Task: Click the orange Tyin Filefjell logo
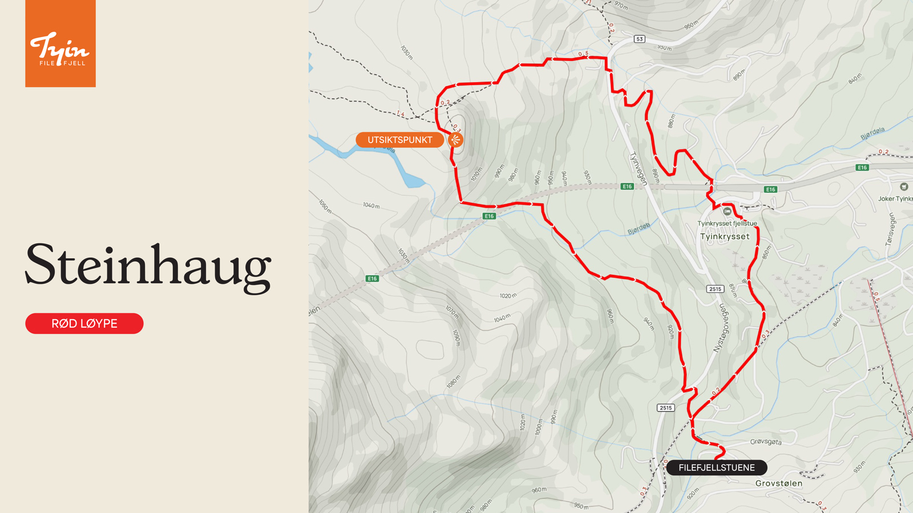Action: (x=60, y=44)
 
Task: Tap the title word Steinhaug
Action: (x=148, y=265)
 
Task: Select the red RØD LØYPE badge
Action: (x=84, y=324)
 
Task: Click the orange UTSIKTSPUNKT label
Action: (x=399, y=140)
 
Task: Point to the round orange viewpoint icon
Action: (x=455, y=140)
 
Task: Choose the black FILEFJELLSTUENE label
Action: (x=716, y=467)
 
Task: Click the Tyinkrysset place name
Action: (x=725, y=237)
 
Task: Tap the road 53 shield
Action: (x=639, y=39)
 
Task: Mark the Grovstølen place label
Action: (x=778, y=483)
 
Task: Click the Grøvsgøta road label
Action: (x=766, y=442)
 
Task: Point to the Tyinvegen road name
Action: (x=639, y=168)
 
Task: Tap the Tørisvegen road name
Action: (x=890, y=230)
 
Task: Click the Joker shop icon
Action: (x=904, y=187)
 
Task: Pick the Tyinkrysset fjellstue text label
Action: (x=727, y=223)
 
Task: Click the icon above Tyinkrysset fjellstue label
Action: (x=727, y=211)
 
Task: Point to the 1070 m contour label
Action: (x=452, y=311)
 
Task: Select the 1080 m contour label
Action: (x=453, y=382)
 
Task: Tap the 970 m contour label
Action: (x=621, y=6)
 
